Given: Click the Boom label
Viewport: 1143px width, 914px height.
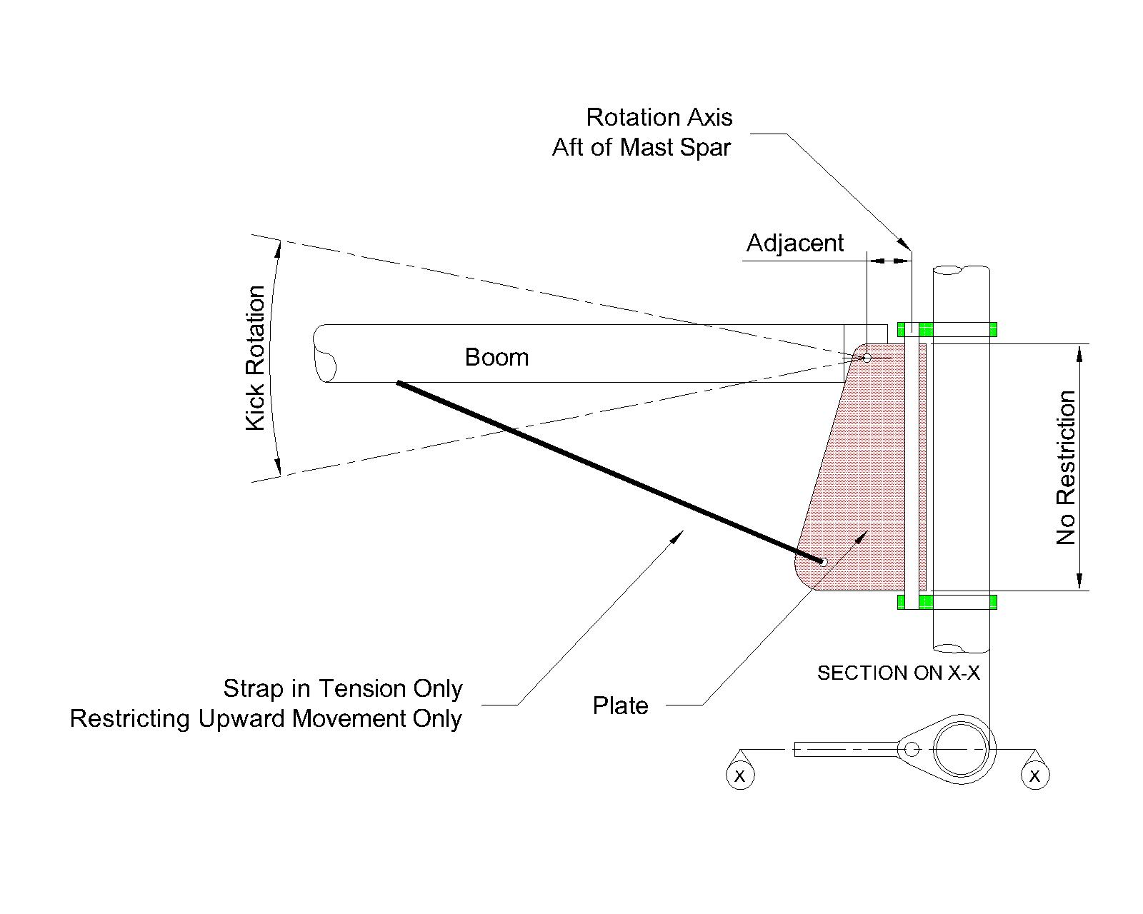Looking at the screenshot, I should [496, 357].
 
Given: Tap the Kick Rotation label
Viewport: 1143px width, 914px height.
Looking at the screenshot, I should [256, 358].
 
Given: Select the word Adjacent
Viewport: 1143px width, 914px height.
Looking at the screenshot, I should [794, 243].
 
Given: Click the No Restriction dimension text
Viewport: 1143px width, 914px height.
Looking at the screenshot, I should [1066, 468].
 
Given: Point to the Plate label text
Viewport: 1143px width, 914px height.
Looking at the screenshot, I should [620, 705].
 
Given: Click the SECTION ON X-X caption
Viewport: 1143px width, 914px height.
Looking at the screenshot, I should [898, 673].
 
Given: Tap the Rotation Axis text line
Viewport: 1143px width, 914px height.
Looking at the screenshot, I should [659, 117].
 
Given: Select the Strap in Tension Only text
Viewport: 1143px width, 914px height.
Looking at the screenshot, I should [343, 688].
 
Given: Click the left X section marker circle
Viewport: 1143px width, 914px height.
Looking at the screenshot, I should [739, 775].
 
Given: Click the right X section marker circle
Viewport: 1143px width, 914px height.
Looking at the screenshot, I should [1035, 775].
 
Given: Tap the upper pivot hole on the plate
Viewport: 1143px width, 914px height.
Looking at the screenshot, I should [867, 358].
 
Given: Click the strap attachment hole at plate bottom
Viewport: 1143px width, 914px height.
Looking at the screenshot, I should [823, 562].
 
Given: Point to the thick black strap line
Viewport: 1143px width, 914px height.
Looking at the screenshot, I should [607, 471].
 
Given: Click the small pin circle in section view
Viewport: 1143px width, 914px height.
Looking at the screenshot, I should [912, 749].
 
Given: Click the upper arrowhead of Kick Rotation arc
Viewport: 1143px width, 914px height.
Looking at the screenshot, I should [279, 246].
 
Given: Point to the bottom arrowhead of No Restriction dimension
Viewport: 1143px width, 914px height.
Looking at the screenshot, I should [1080, 582].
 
